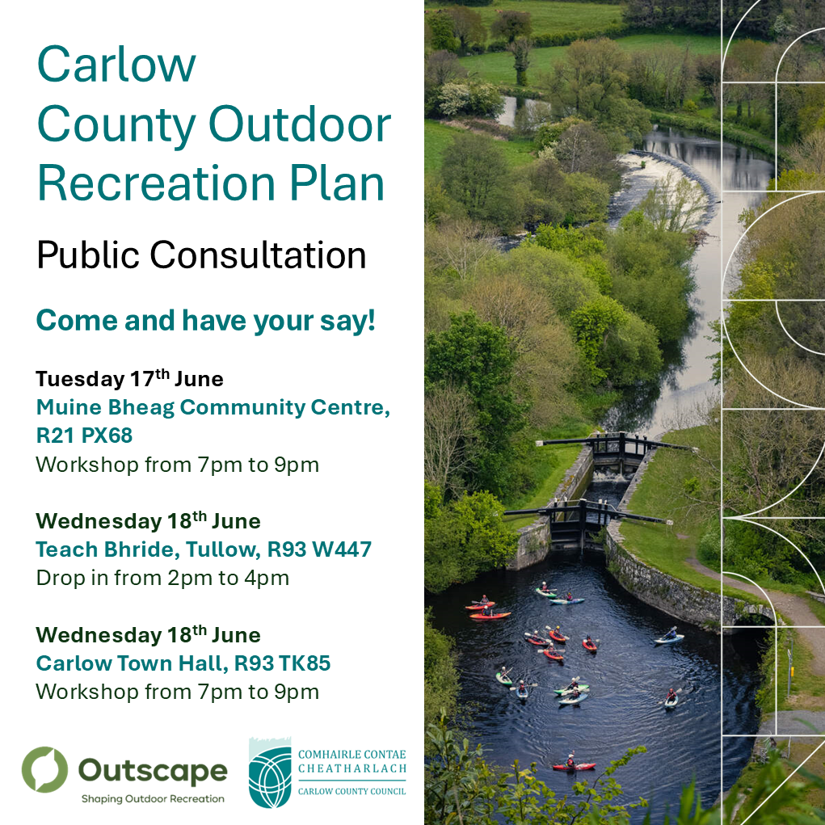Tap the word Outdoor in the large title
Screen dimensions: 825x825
pos(300,124)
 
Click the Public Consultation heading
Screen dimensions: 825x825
pos(201,255)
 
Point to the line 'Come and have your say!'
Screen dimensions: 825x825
pos(206,321)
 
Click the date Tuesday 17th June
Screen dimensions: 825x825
pos(129,378)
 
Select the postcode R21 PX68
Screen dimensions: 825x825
pos(84,435)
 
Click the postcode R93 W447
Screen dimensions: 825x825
pos(319,549)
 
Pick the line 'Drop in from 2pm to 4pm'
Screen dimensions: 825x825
pos(162,578)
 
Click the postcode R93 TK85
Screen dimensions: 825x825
pos(282,663)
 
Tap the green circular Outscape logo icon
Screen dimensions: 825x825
pos(44,769)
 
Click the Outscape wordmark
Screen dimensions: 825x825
pos(153,772)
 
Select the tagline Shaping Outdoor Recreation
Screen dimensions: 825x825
pos(153,798)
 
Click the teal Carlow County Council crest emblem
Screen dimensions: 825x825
pos(270,773)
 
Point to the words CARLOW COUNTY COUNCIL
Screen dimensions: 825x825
pos(352,791)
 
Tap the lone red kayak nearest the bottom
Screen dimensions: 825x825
pos(574,765)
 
